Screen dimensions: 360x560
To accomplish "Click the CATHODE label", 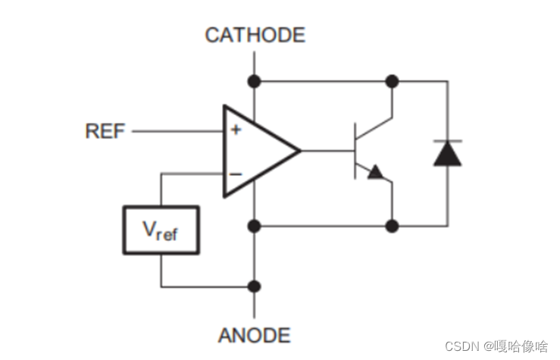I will [255, 35].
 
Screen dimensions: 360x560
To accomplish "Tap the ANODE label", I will [255, 335].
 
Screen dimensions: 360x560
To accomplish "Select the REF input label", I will [105, 131].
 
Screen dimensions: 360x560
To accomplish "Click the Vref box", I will [161, 230].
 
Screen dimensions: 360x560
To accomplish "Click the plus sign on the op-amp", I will [236, 130].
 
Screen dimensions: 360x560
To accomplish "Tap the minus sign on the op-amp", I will [236, 174].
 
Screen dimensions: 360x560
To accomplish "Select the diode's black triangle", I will [447, 154].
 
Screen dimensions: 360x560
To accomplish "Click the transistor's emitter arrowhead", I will [375, 173].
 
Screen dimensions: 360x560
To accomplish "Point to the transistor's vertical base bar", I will [355, 151].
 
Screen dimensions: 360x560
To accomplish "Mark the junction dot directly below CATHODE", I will [255, 80].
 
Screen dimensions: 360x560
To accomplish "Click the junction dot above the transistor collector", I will [392, 80].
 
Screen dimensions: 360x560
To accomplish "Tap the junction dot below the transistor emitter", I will [392, 225].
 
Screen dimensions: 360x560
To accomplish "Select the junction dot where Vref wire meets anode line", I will [255, 286].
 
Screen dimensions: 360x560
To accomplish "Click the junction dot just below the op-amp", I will [255, 225].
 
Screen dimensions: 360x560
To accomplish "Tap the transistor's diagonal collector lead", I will [374, 127].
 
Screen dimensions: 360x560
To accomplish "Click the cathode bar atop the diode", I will [447, 141].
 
